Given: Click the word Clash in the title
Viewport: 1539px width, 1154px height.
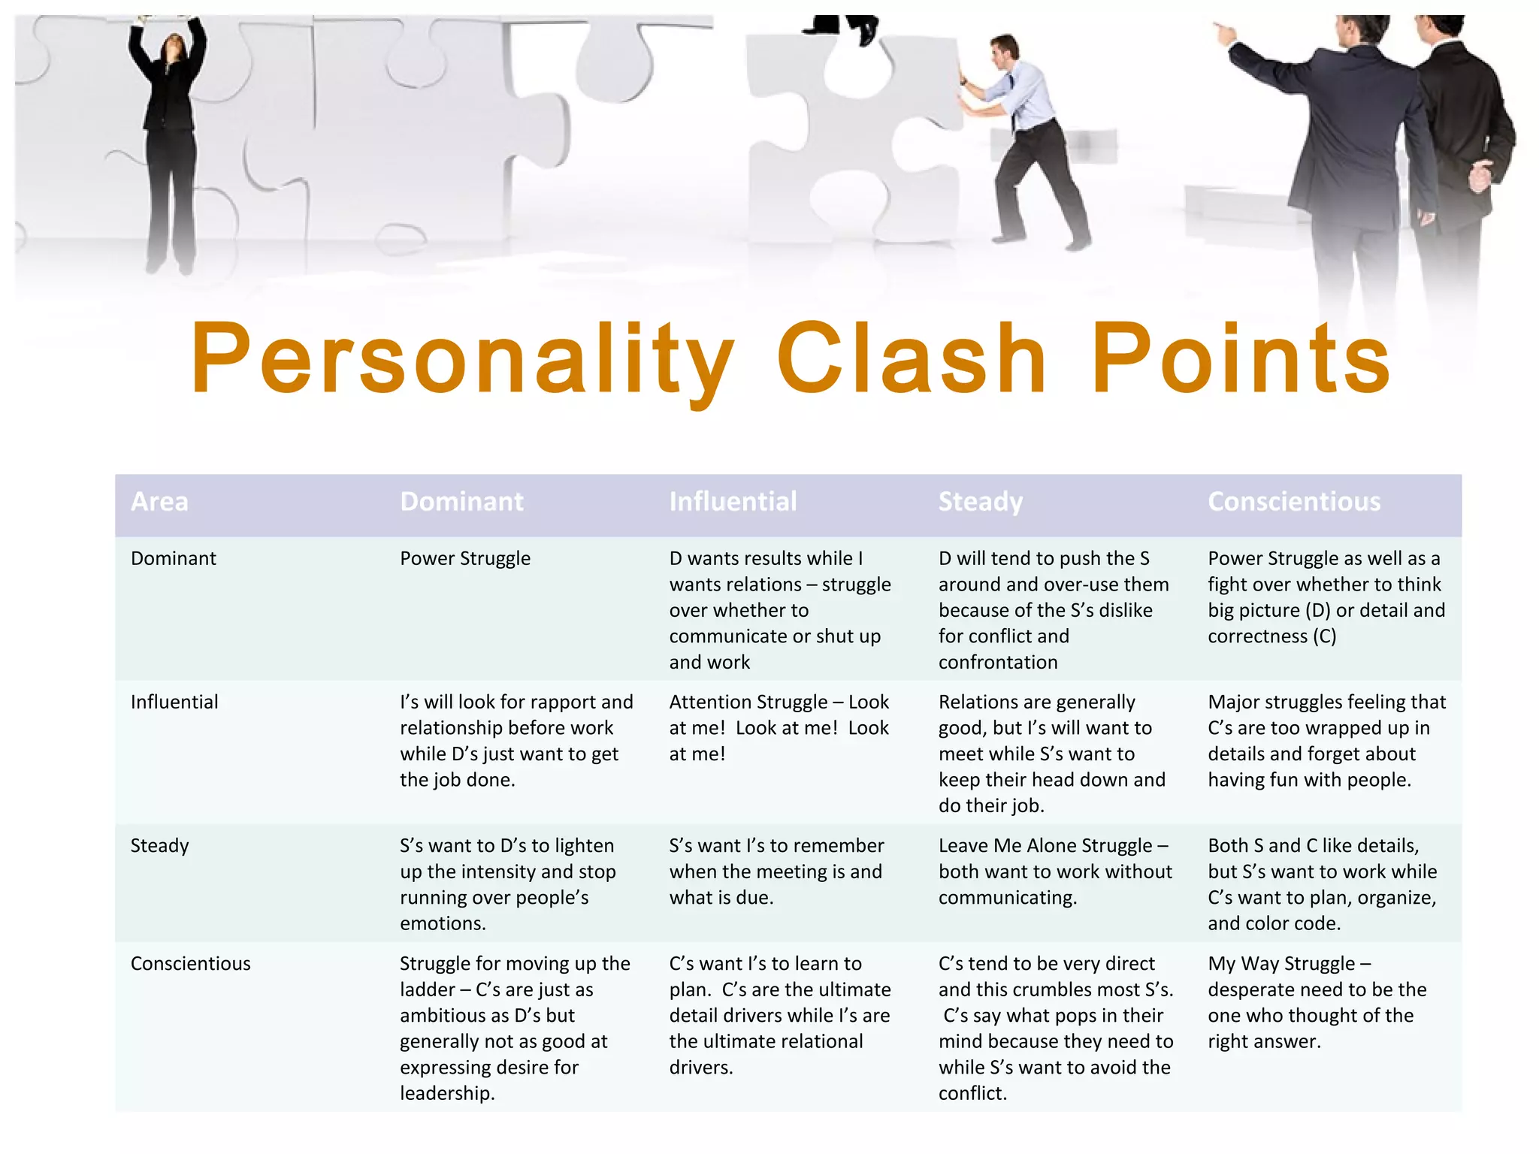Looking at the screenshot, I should (912, 358).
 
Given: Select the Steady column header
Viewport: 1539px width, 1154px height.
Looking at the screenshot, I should (980, 502).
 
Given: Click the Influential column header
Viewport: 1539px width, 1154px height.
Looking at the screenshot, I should (733, 502).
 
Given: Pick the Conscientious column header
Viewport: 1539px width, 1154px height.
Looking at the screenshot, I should (1294, 502).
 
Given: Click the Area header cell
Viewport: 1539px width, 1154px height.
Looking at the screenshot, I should (159, 502).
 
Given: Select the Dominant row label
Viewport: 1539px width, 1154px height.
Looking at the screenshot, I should (174, 558).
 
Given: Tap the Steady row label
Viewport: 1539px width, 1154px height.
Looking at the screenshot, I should (160, 846).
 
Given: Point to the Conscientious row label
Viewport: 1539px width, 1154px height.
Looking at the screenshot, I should (191, 964).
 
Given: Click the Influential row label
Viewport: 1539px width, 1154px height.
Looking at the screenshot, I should (174, 702).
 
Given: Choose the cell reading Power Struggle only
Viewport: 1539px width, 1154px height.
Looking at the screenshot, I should (465, 558).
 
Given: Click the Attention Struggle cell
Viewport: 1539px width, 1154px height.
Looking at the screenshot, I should (779, 727).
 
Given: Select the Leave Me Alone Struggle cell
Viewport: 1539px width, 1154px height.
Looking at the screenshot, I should (1055, 872).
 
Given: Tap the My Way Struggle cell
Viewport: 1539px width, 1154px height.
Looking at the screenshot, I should (1317, 1002).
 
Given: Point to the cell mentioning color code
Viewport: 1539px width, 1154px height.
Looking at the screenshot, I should (1322, 884).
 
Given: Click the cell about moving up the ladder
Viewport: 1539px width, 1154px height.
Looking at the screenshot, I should (515, 1028).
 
